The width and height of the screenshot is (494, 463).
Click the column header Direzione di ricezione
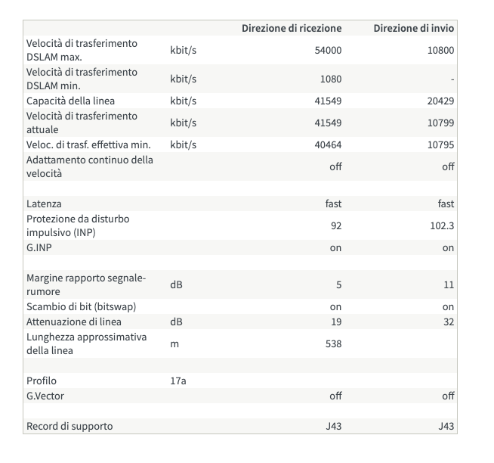291,28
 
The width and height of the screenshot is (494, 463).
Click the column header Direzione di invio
413,28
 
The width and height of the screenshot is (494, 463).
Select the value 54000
328,50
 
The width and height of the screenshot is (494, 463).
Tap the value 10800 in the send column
441,50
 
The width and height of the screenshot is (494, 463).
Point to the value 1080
331,79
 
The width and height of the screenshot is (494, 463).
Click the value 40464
328,144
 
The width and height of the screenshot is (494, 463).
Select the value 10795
441,144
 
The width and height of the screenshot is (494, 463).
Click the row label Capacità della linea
71,101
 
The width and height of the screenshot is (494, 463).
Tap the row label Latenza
44,204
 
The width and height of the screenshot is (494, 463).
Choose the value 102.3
442,225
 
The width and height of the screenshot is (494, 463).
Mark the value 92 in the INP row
336,225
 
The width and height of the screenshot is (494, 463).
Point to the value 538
333,343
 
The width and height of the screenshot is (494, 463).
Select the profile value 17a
178,381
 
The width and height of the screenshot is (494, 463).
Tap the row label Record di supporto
69,426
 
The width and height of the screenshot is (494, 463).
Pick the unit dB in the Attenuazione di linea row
176,322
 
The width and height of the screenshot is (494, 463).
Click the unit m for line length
174,343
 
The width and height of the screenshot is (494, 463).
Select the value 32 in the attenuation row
448,322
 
